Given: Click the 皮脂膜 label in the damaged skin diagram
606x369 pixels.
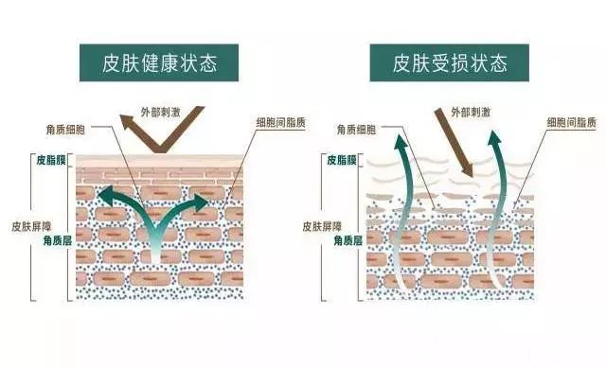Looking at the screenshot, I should point(345,160).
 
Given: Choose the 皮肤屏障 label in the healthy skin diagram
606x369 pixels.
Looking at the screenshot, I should point(29,227).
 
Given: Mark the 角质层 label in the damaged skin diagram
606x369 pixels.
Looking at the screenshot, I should point(345,242).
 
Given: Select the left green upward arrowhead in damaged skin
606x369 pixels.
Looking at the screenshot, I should point(401,147).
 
